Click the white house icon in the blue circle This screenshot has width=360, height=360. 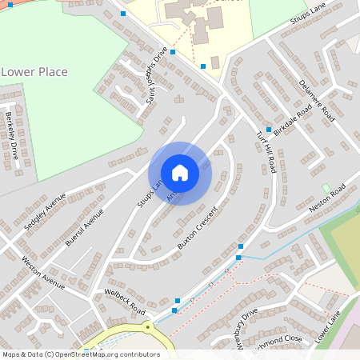click(x=180, y=173)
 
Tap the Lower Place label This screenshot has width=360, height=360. click(x=34, y=72)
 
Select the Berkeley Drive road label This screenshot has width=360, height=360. click(x=11, y=135)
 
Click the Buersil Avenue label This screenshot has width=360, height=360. click(x=85, y=227)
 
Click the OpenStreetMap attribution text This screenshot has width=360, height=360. click(x=80, y=354)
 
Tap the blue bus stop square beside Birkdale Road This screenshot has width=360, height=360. click(x=269, y=130)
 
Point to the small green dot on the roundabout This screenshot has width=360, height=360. click(x=147, y=326)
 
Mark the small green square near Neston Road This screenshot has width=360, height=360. click(x=326, y=188)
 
